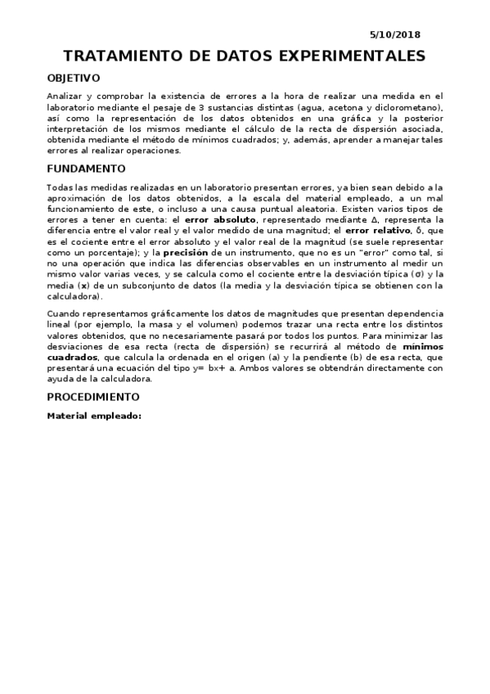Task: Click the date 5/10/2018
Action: pos(395,35)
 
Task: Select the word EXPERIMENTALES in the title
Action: pos(353,56)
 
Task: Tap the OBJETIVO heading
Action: pos(74,79)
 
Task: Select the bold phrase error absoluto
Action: pos(221,220)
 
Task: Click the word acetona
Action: pos(356,108)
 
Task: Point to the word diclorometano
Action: pos(409,108)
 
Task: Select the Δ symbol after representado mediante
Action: pos(352,220)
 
